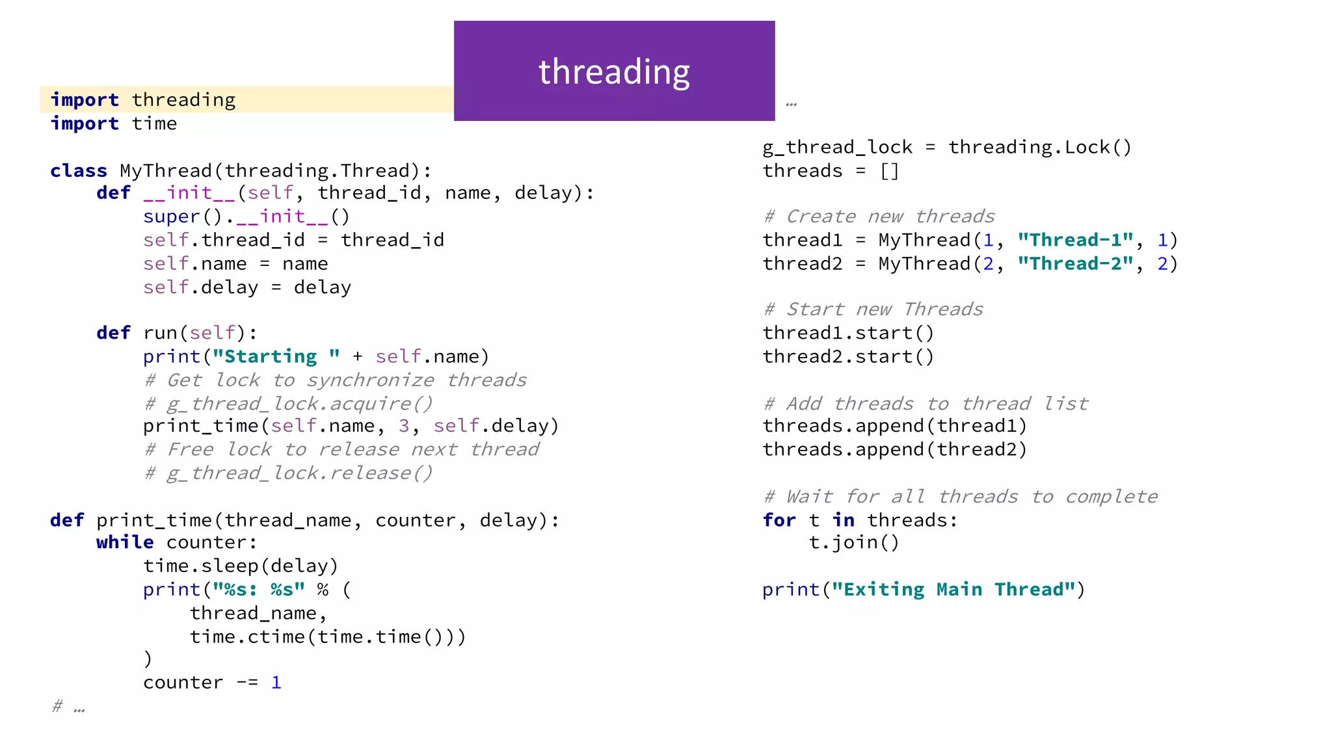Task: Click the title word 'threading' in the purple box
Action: click(x=614, y=72)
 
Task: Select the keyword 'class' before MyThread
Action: click(x=79, y=171)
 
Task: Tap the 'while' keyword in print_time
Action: click(x=125, y=543)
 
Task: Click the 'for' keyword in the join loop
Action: click(x=779, y=521)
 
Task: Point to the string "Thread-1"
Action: click(x=1076, y=241)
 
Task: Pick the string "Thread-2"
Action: click(x=1076, y=264)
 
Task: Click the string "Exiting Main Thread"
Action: click(x=953, y=590)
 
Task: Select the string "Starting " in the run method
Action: click(x=276, y=357)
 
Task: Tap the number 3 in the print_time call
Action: click(x=404, y=427)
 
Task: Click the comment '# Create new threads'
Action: click(x=879, y=217)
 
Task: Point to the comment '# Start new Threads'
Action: click(x=873, y=309)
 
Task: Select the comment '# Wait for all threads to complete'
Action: click(x=961, y=497)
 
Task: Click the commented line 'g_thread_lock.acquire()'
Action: click(x=289, y=404)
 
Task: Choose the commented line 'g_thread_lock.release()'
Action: click(x=289, y=473)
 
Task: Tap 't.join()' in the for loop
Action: click(x=854, y=543)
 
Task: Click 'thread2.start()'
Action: click(x=848, y=357)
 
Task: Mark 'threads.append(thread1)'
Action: click(x=894, y=427)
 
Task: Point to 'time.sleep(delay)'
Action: click(x=241, y=566)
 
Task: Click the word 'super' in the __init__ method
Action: click(x=172, y=217)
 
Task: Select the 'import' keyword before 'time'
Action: click(x=85, y=124)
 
